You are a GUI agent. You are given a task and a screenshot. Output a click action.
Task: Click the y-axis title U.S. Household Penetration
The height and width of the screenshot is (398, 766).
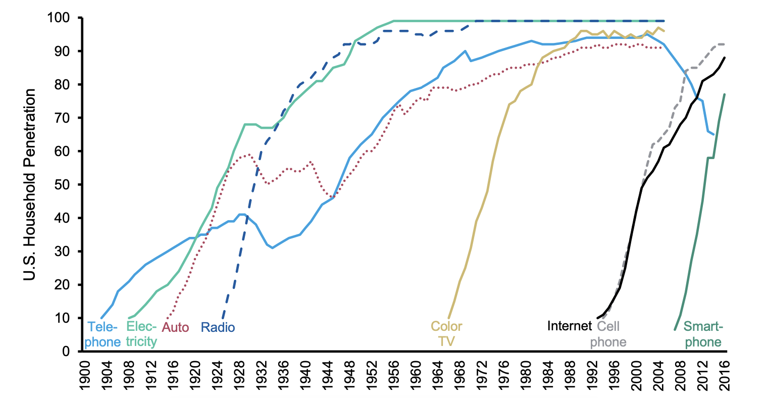[30, 185]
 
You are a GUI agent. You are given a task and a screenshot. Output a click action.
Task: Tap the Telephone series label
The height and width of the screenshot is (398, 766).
[103, 334]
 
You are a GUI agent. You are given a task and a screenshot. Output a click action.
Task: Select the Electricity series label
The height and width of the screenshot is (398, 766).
[141, 334]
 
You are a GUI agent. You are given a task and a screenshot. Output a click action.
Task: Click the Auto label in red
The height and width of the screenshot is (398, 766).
[175, 327]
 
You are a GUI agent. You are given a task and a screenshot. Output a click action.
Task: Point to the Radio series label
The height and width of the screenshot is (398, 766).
[218, 327]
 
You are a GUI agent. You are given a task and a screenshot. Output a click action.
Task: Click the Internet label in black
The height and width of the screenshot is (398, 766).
[569, 326]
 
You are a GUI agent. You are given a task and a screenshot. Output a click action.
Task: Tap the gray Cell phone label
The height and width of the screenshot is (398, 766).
[608, 334]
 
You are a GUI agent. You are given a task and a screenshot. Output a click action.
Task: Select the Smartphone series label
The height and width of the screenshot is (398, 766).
[703, 334]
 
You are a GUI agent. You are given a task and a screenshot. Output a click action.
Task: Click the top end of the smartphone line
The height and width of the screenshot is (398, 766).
[725, 94]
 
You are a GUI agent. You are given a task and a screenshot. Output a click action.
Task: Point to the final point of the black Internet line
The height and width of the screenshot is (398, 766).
[725, 58]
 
